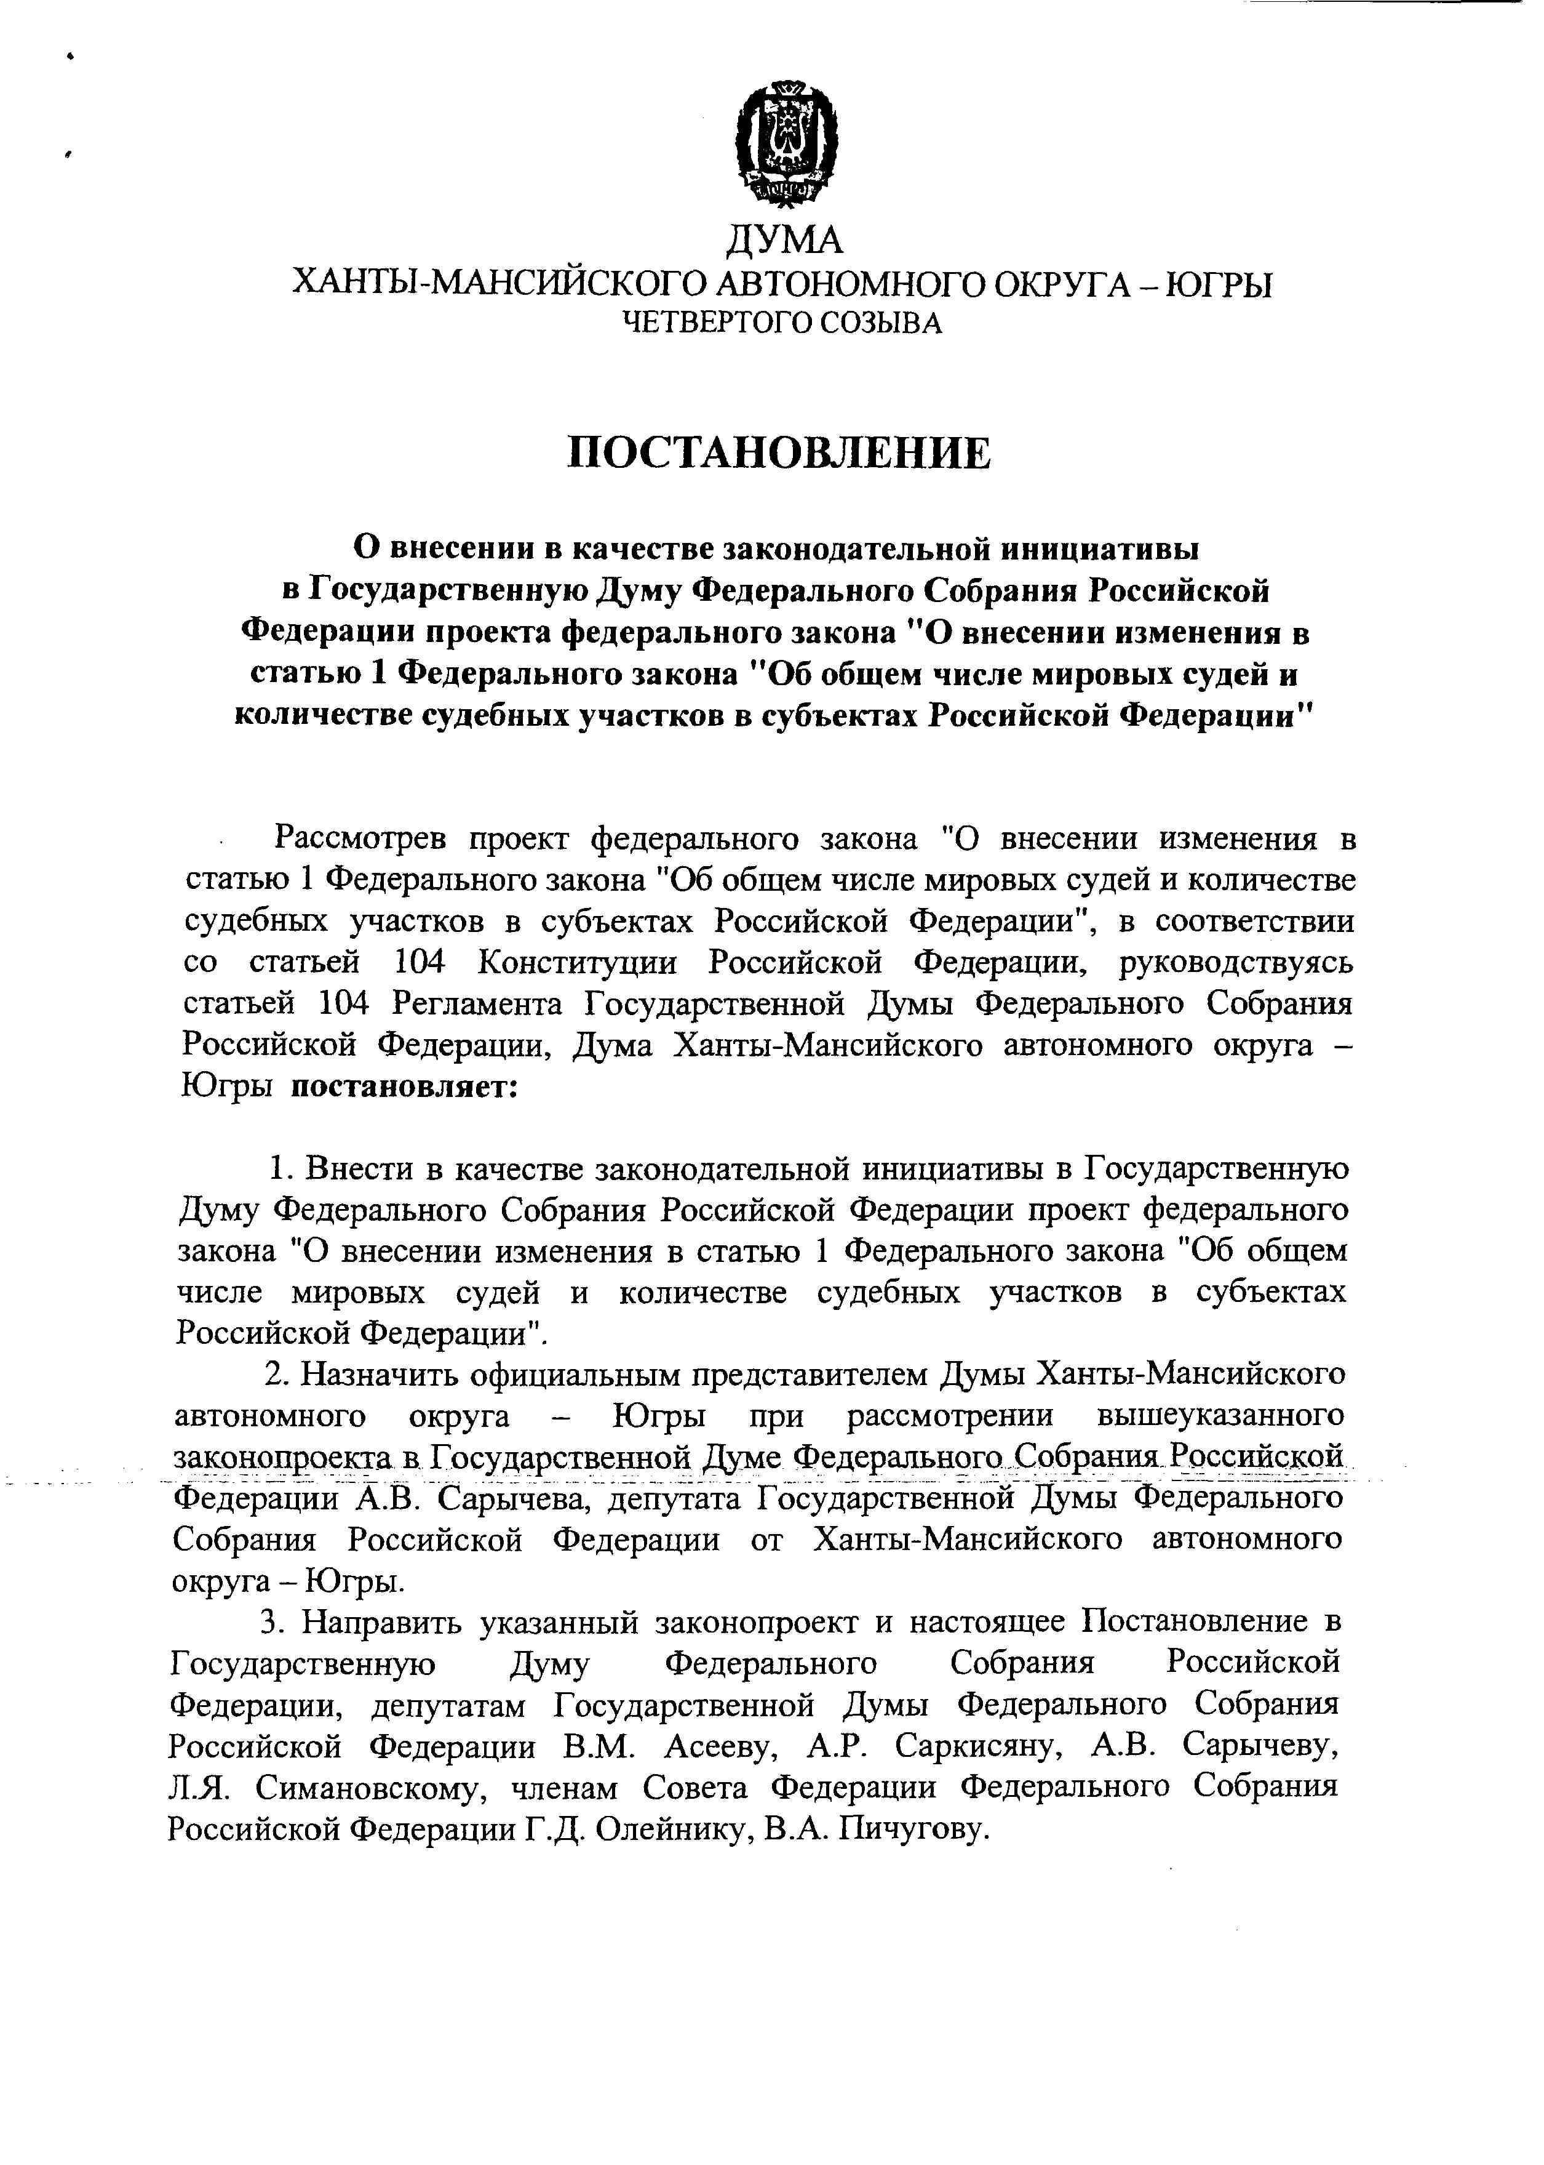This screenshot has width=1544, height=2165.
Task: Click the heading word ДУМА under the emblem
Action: (x=784, y=239)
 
